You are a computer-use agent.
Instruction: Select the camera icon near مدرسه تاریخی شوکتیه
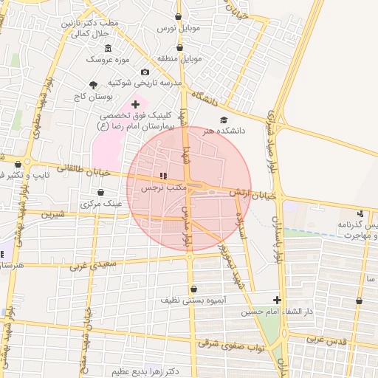tap(145, 72)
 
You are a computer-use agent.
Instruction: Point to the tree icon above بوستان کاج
tap(93, 85)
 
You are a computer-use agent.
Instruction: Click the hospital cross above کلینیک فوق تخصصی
tap(135, 105)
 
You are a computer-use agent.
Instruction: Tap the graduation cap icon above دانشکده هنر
tap(224, 120)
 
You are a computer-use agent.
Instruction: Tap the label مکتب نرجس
tap(162, 189)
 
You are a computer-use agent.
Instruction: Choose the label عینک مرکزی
tap(102, 202)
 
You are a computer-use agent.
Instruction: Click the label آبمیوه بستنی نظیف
tap(193, 301)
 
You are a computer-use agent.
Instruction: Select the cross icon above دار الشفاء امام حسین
tap(277, 300)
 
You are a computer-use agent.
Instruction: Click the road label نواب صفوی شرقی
tap(230, 346)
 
